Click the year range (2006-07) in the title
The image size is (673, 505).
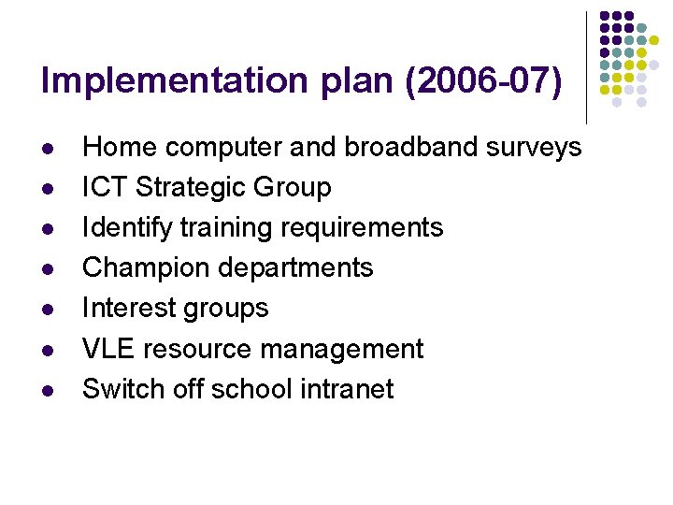[x=482, y=81]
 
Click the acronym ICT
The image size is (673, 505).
[x=105, y=187]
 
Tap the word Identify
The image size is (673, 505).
[x=124, y=228]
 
